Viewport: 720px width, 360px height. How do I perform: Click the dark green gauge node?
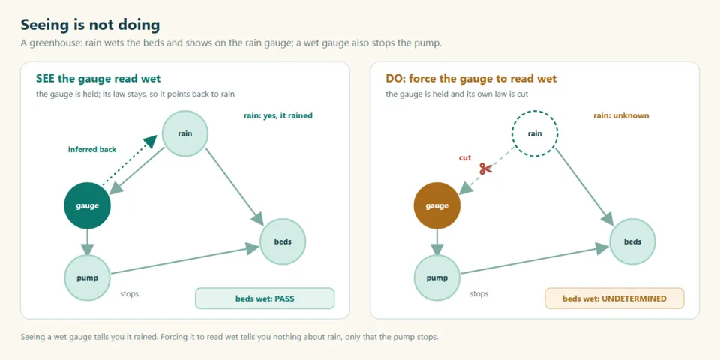coord(87,205)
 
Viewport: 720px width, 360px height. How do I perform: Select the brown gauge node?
coord(436,205)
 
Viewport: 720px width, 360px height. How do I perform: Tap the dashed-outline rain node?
coord(535,133)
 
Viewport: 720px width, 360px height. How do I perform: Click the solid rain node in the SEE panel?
coord(185,133)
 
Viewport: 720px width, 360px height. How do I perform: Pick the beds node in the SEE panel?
coord(283,241)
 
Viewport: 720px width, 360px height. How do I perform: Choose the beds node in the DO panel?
coord(632,241)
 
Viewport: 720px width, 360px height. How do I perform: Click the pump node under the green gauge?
coord(87,277)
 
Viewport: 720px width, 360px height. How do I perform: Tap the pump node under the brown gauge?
coord(436,277)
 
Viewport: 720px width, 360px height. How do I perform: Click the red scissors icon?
coord(486,169)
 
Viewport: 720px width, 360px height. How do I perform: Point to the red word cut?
coord(465,158)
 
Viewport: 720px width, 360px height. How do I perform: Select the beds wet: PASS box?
coord(265,298)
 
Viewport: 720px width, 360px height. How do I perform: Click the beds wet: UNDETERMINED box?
coord(614,298)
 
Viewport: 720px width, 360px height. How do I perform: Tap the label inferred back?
coord(92,149)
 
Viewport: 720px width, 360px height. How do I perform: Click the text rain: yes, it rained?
coord(277,115)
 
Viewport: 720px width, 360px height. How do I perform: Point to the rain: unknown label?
coord(621,115)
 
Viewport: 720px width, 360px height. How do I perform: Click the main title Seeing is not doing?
coord(90,25)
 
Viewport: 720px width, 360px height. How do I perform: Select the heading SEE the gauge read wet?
coord(98,79)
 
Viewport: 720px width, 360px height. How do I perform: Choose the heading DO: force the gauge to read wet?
coord(471,79)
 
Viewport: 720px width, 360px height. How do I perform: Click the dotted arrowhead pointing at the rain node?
coord(151,142)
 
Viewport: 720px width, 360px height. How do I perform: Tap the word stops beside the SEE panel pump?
coord(129,293)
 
